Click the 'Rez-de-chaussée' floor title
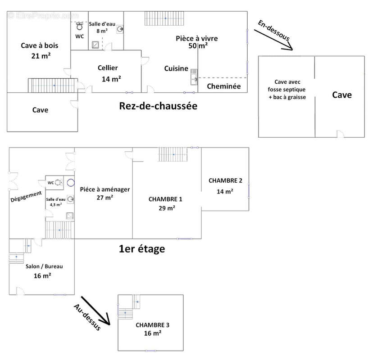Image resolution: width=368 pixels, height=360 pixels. point(159,106)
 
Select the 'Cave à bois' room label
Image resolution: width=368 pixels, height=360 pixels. point(39,45)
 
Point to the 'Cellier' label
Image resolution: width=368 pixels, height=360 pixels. point(108,68)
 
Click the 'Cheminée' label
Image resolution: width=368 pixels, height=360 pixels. point(223,86)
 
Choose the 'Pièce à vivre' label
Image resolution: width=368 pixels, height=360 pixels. point(197,39)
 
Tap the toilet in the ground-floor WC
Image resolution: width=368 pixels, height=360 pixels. point(80,26)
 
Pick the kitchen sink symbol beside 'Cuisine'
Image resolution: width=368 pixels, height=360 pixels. point(194,76)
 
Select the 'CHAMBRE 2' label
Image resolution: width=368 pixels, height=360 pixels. point(225,180)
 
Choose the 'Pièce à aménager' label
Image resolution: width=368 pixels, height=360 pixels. point(105,189)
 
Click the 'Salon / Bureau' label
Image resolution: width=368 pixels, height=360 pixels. point(42,266)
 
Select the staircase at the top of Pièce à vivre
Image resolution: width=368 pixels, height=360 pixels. point(165,18)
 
